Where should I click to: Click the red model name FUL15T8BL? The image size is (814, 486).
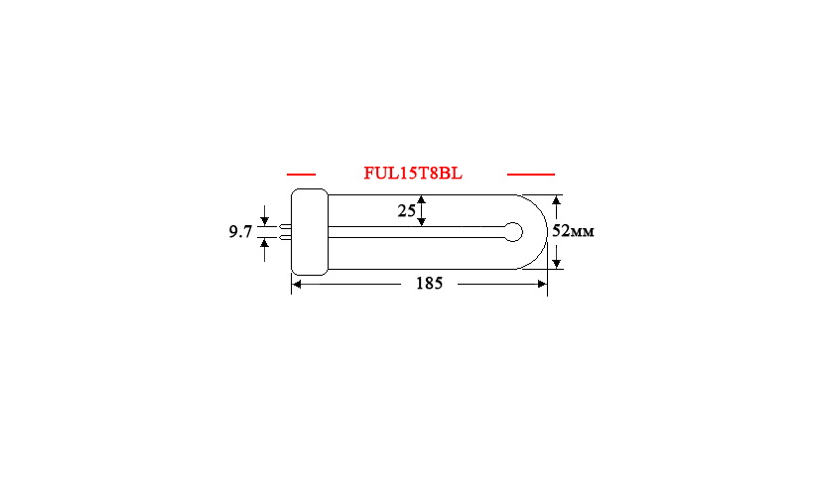click(413, 174)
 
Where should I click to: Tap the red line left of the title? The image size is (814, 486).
click(301, 175)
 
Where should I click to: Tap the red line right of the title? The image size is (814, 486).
click(530, 175)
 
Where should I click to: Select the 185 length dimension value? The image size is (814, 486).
click(429, 284)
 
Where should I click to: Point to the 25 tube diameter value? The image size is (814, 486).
click(406, 210)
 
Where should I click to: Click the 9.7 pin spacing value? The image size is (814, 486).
click(240, 231)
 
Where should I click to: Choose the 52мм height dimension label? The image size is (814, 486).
click(573, 231)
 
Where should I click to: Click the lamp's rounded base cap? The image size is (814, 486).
click(310, 232)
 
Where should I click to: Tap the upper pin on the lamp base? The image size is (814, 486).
click(285, 226)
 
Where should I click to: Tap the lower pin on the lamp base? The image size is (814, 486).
click(285, 238)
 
